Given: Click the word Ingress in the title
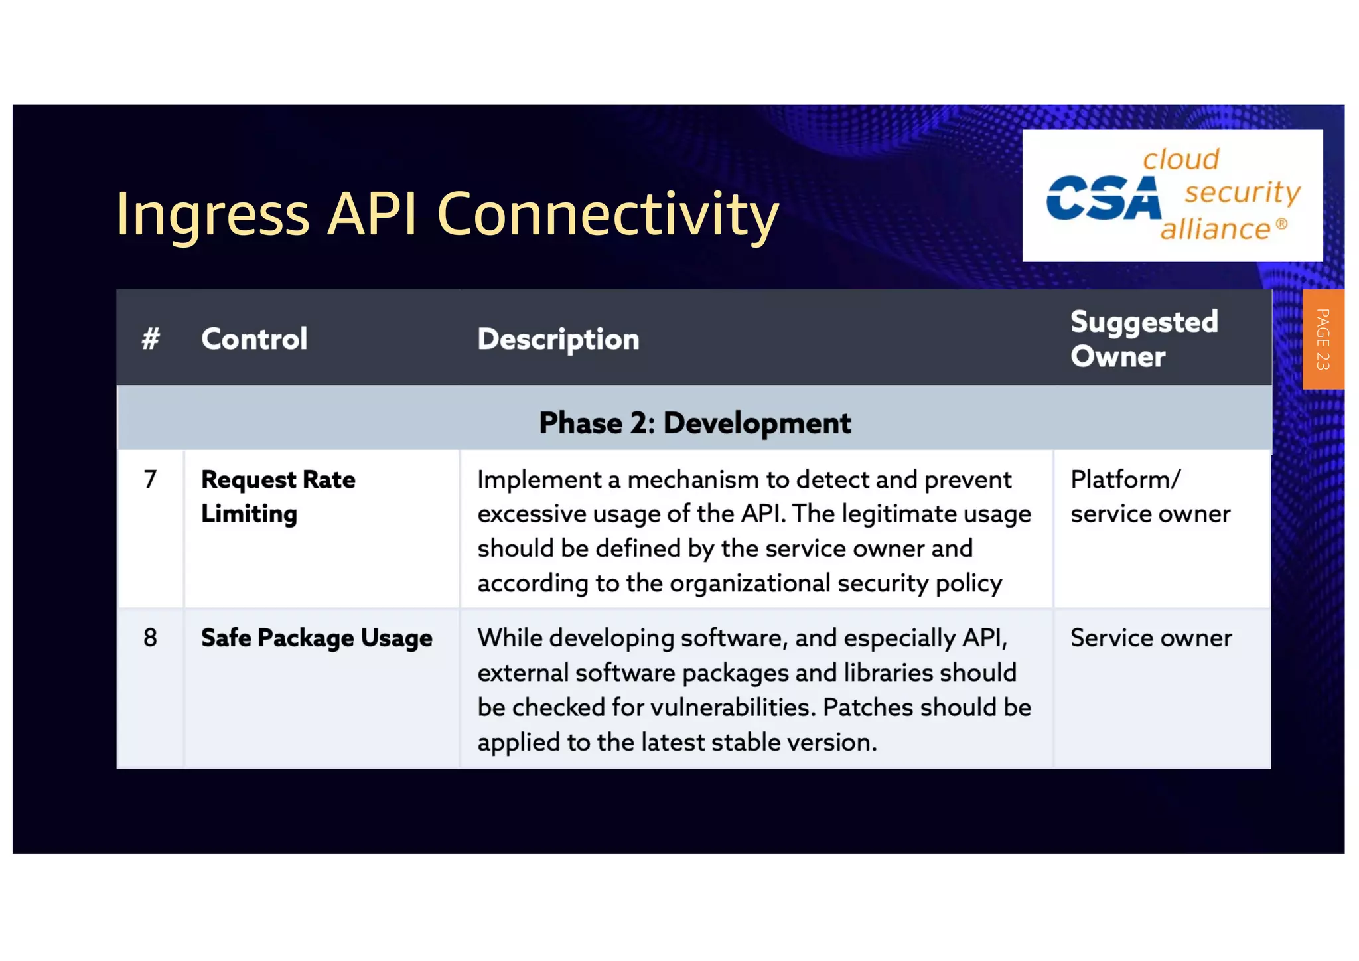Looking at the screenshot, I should coord(212,214).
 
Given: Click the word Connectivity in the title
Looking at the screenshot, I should coord(607,214).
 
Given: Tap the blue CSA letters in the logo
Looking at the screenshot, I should coord(1103,198).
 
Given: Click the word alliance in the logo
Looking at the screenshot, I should coord(1215,229).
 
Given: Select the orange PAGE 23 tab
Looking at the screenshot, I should coord(1323,339).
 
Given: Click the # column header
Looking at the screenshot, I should coord(151,339).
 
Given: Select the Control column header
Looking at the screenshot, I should coord(254,339).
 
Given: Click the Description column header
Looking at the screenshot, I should coord(558,339).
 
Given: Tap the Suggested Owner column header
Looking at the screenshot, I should coord(1144,339).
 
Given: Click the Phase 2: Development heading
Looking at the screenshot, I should coord(694,423).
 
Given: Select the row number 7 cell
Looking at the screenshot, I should coord(151,479).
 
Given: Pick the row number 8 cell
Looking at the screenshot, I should coord(151,638).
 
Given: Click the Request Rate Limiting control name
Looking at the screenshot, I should coord(278,496).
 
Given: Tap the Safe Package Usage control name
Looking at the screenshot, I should coord(317,638).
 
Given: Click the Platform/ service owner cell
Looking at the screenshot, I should coord(1150,496).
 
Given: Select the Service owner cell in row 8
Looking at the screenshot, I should coord(1151,638).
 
